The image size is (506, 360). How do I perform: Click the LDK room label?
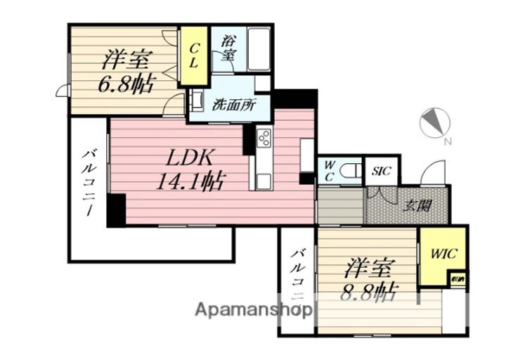coord(179,157)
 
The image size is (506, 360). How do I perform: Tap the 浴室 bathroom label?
coord(228,49)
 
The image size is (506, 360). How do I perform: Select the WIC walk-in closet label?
coord(443,253)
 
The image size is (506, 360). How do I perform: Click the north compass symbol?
coord(434,123)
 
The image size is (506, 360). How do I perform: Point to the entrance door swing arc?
coord(435,173)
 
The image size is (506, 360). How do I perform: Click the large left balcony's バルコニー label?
coord(89,182)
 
